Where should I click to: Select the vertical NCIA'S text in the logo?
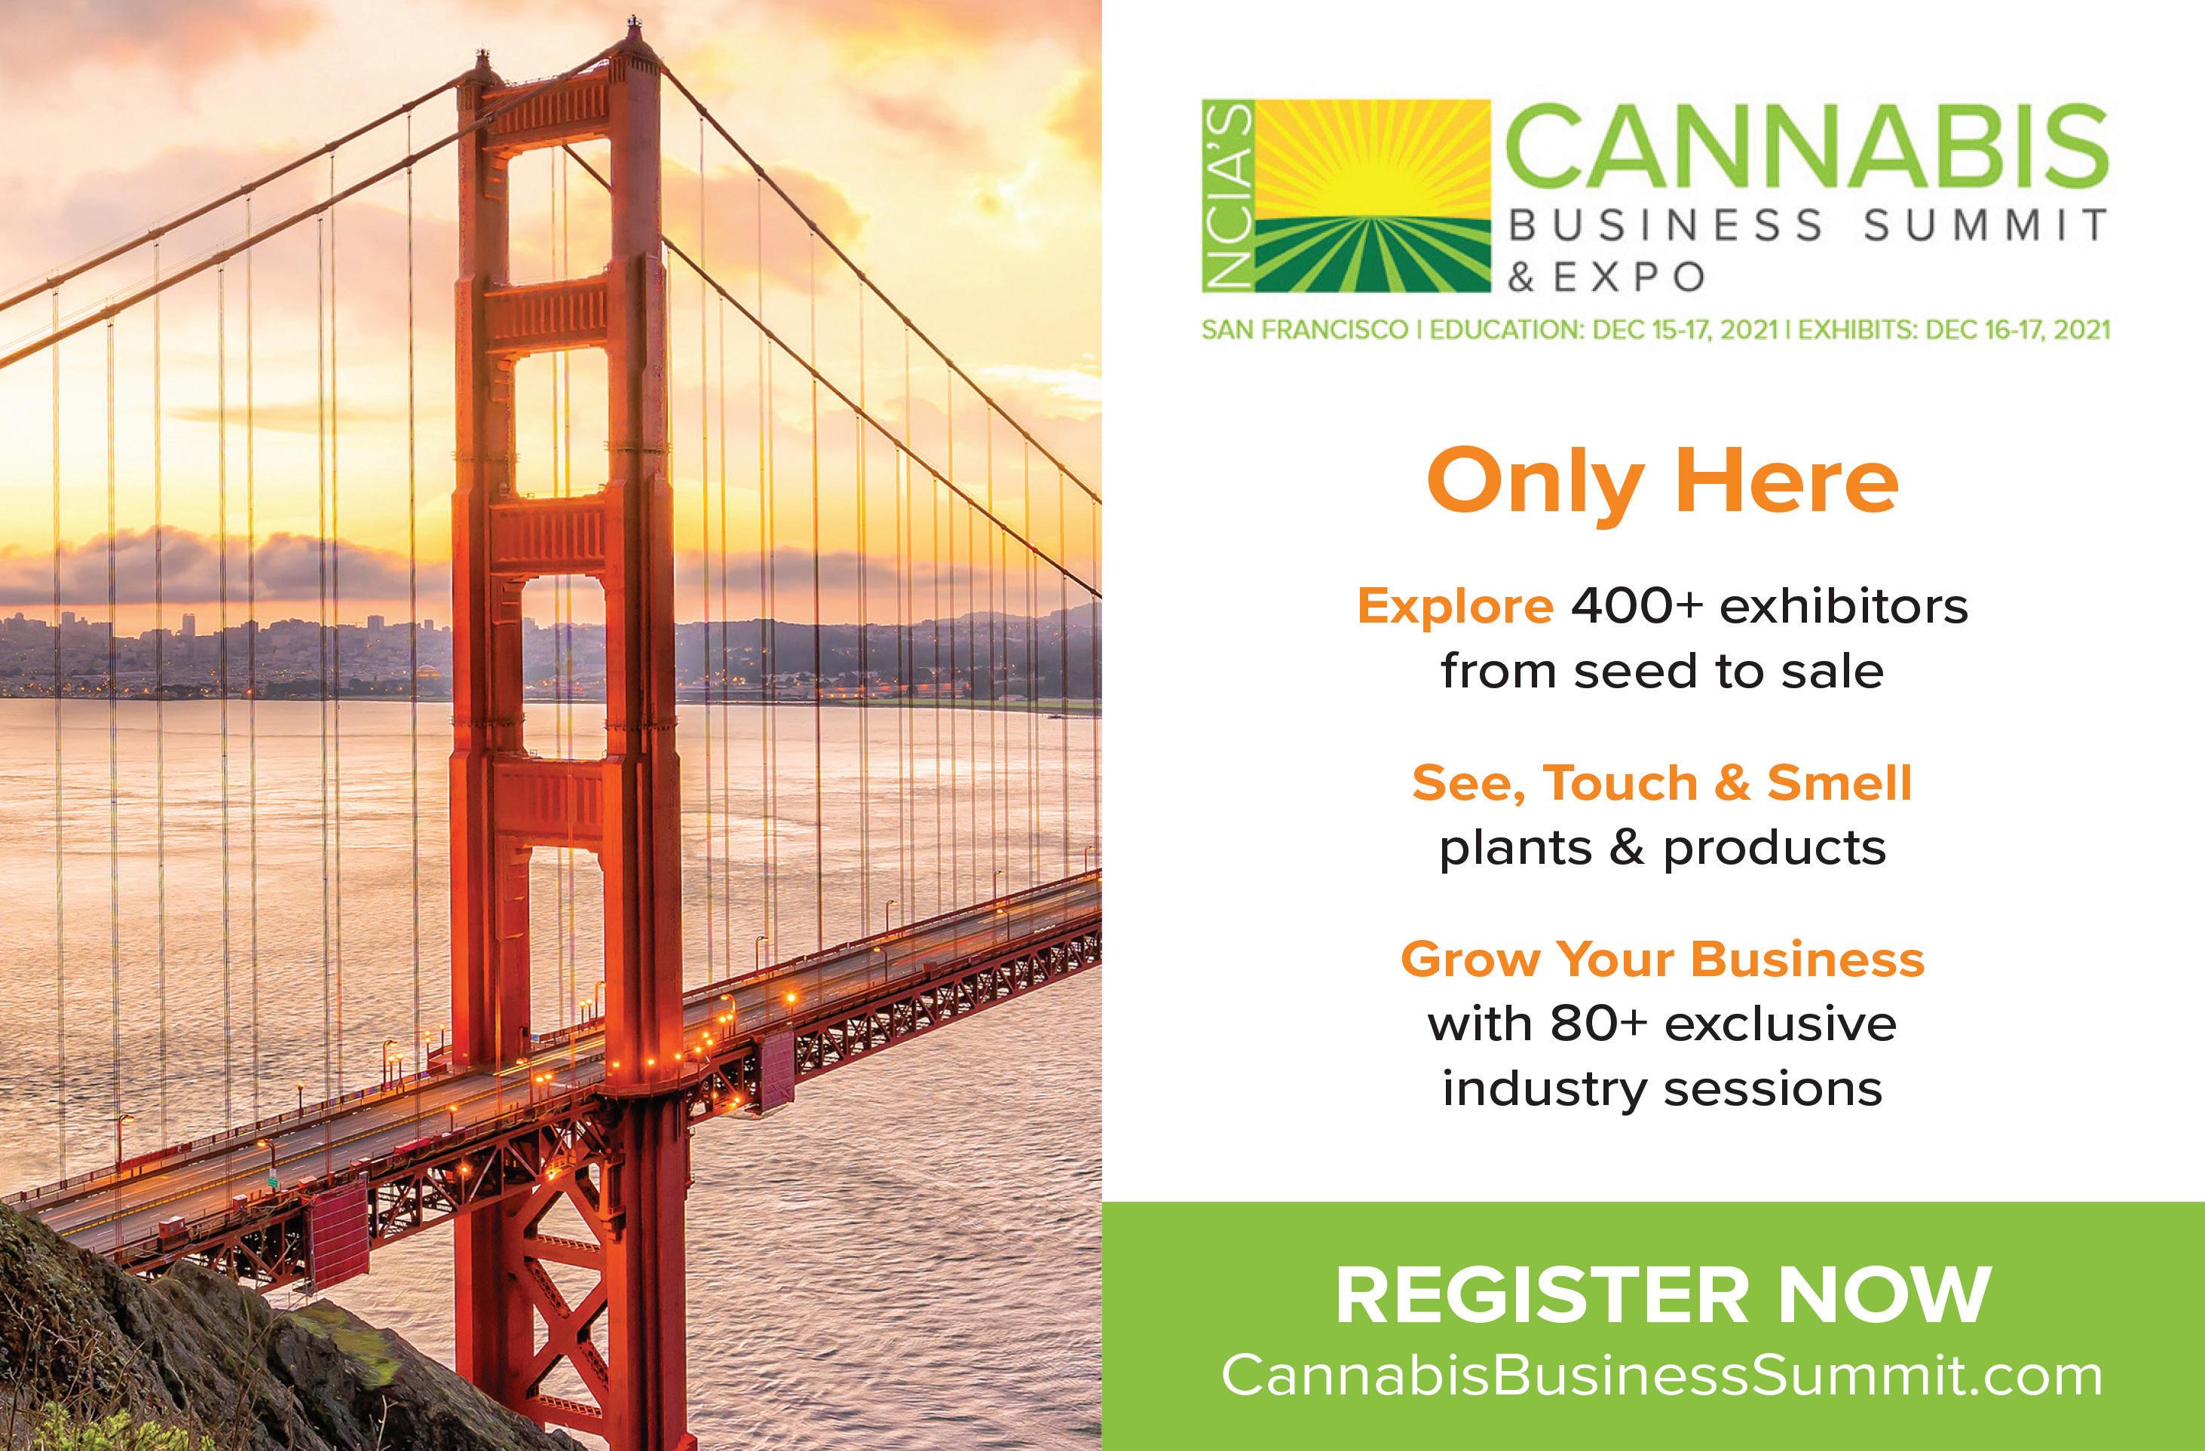tap(1227, 195)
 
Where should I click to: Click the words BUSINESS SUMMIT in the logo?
tap(1808, 227)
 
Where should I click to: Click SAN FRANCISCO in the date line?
tap(1304, 330)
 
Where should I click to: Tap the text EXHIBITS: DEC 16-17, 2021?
tap(1954, 330)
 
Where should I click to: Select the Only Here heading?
tap(1662, 482)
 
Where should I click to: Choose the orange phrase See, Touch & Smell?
tap(1662, 784)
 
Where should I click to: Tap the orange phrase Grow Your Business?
tap(1662, 959)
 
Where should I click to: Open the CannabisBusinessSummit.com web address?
tap(1662, 1376)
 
